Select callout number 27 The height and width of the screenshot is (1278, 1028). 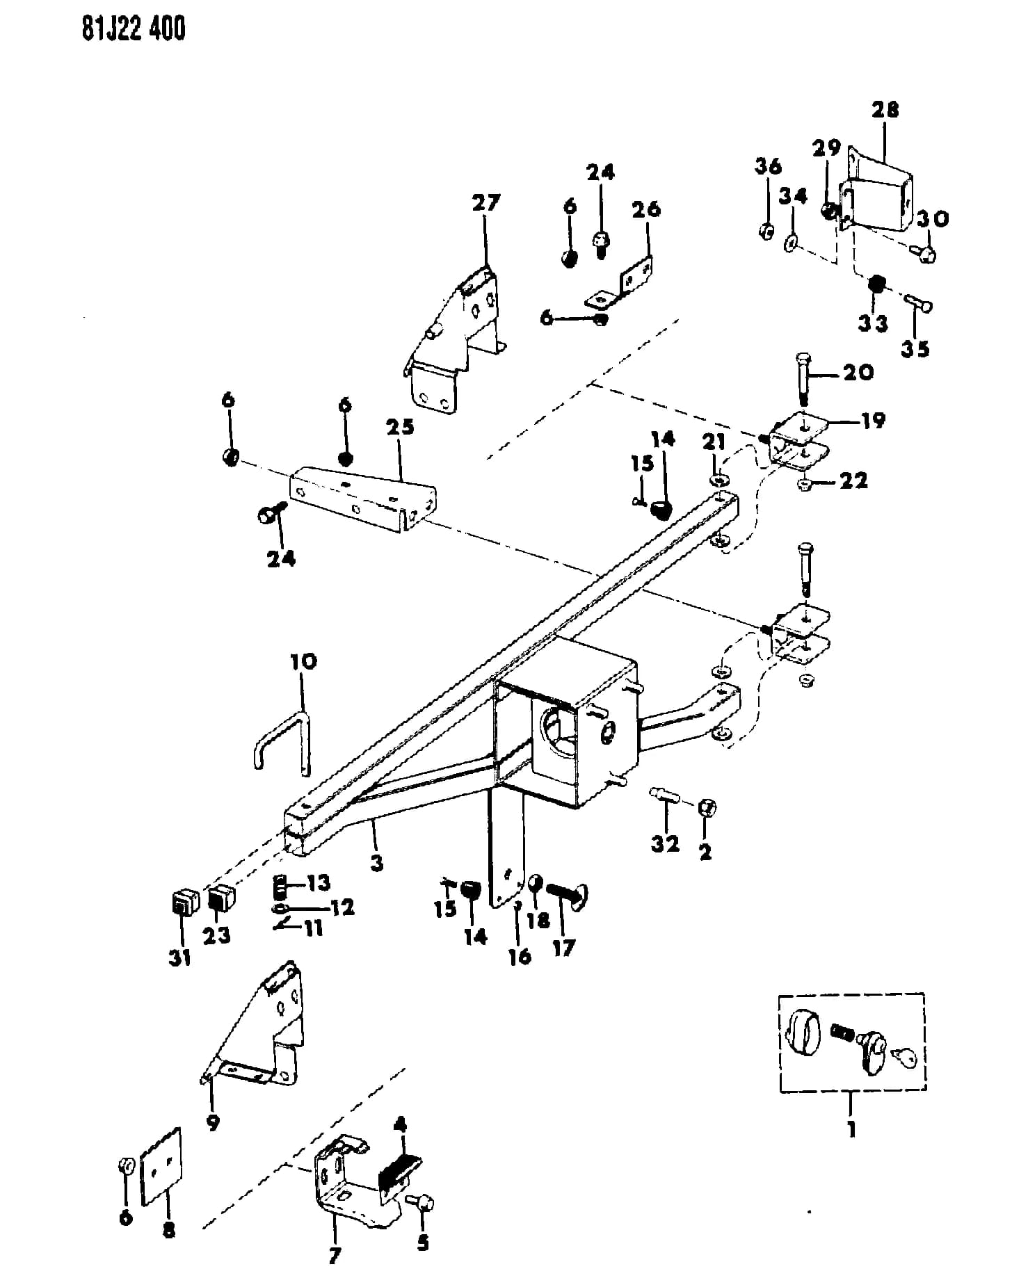tap(485, 203)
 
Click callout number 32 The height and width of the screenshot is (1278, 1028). tap(665, 844)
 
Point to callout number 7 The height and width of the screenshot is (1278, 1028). tap(335, 1255)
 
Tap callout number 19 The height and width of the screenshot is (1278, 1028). tap(873, 420)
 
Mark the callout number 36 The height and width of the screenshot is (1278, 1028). tap(768, 166)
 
